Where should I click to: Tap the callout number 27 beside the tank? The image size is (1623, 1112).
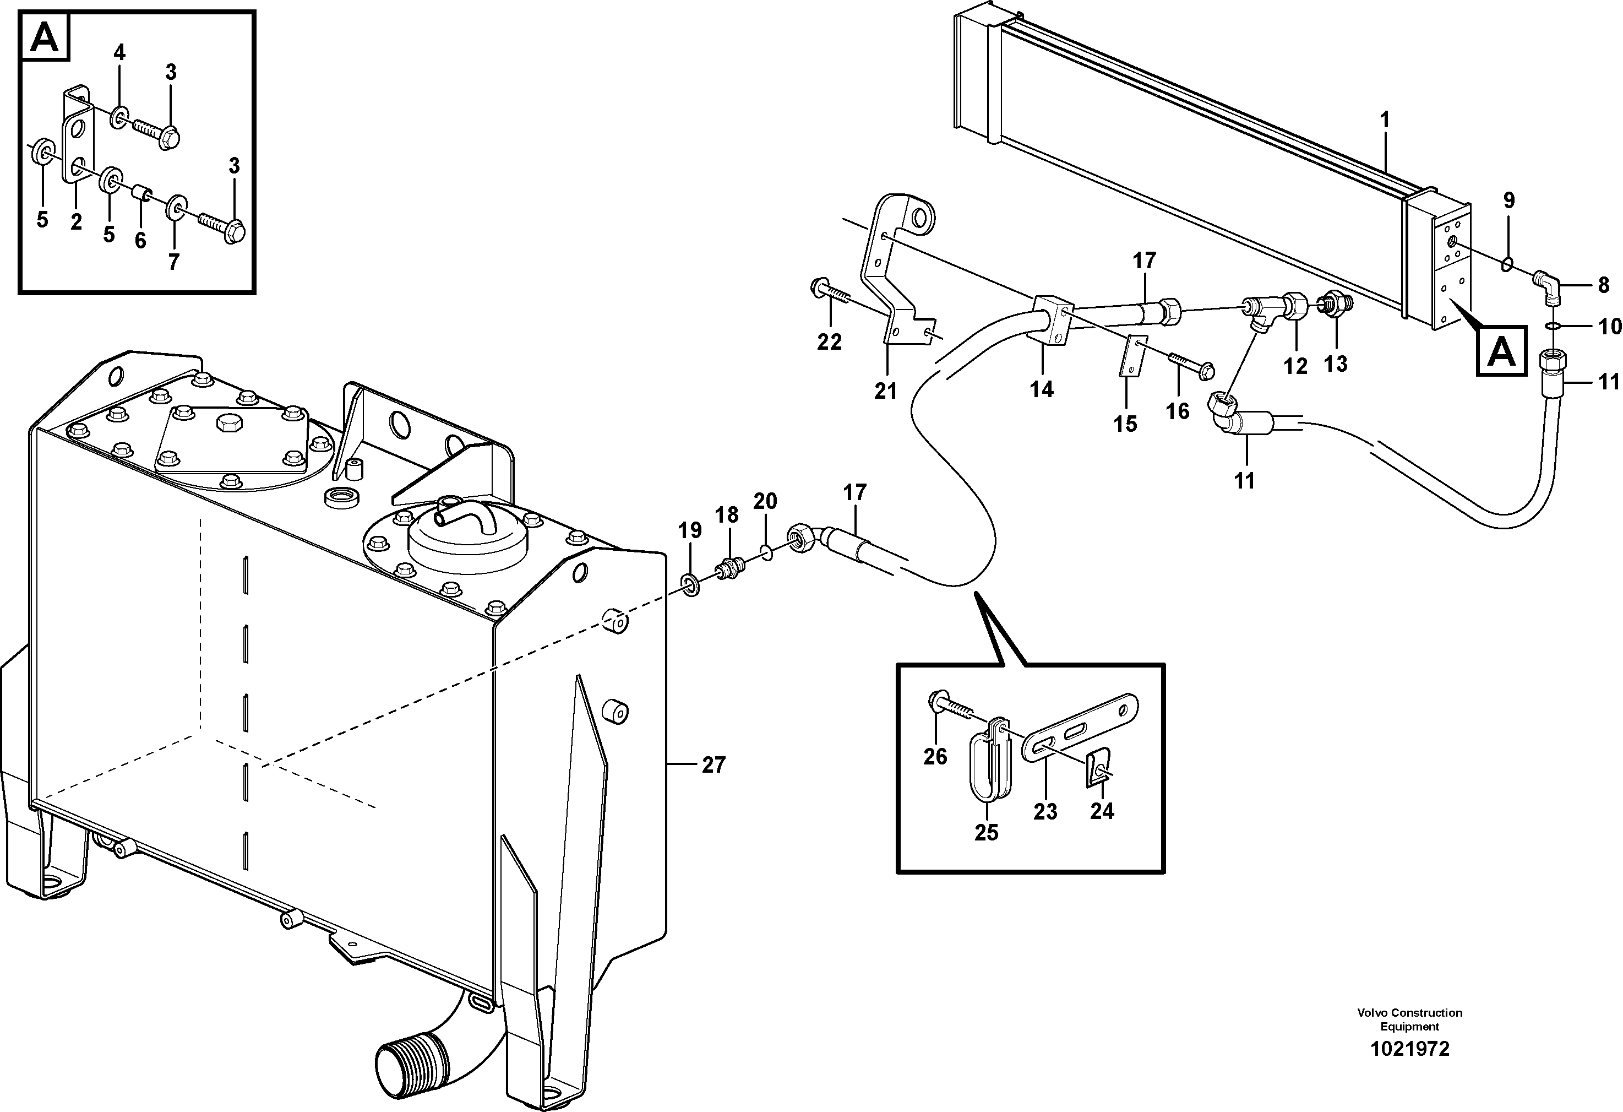click(714, 765)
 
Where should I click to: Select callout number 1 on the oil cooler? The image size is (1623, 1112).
click(1385, 120)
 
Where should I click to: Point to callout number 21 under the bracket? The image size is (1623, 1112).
click(885, 391)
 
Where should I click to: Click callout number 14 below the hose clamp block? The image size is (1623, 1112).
click(1041, 389)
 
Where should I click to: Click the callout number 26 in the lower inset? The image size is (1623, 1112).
click(935, 756)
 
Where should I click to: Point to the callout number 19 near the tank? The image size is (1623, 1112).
click(689, 531)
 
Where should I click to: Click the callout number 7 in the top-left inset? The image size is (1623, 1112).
click(174, 262)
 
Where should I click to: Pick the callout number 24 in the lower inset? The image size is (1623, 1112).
click(1102, 810)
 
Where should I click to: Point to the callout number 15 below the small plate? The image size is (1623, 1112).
click(1125, 424)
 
